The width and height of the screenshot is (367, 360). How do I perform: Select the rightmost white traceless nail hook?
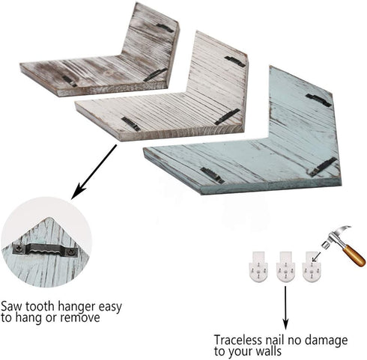click(311, 266)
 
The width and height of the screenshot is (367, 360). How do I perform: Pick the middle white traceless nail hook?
click(285, 266)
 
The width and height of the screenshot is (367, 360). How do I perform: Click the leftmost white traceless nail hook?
click(259, 266)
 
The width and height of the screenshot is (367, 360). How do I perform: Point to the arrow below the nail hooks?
click(285, 308)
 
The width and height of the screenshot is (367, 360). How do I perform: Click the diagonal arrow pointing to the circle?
click(94, 172)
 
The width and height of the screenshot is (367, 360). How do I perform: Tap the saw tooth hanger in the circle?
click(46, 249)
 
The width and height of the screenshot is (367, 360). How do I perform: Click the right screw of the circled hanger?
click(72, 251)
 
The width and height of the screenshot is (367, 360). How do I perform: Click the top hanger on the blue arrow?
click(318, 100)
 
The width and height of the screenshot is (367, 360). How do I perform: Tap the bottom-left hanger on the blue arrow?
click(213, 175)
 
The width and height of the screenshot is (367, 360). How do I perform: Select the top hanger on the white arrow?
click(235, 61)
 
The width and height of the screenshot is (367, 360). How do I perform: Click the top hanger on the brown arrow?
click(166, 28)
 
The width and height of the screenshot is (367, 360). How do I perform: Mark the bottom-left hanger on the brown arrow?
click(70, 81)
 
